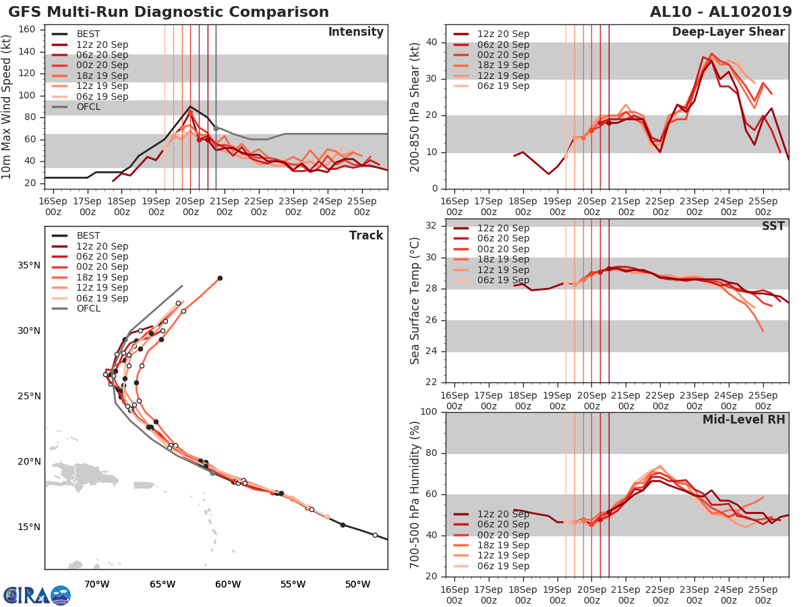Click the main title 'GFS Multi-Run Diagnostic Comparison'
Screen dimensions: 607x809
(x=169, y=12)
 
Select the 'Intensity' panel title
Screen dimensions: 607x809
(x=355, y=32)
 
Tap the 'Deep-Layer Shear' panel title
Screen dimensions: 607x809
(x=728, y=32)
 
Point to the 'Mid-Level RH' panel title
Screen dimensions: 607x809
(x=744, y=420)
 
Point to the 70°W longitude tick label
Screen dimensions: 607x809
(x=97, y=583)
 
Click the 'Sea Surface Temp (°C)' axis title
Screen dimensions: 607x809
(x=415, y=300)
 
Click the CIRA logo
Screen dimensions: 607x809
(x=36, y=595)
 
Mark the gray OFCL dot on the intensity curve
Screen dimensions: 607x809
(x=216, y=128)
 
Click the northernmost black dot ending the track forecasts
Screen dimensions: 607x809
(x=220, y=278)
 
